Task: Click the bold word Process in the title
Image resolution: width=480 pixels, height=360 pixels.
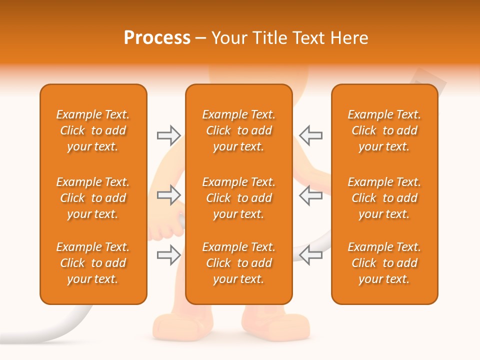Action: pos(157,38)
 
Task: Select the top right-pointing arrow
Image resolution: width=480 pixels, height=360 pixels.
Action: pos(168,135)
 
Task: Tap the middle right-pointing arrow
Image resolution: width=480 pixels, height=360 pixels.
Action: pos(168,195)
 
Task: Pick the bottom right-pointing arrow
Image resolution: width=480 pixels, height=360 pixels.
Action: pos(168,255)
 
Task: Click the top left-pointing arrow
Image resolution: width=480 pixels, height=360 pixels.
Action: pos(310,135)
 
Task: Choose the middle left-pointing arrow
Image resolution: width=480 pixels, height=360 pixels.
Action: pos(310,195)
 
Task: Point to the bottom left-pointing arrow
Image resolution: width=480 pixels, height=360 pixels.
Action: pos(310,255)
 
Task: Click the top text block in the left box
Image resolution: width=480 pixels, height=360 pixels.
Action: pos(93,130)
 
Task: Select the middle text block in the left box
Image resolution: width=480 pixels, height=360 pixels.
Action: pos(93,198)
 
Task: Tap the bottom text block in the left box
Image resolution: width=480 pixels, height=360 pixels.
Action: pos(93,263)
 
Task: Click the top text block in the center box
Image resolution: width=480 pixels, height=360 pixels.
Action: pos(239,130)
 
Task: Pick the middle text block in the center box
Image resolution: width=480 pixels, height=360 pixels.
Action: pos(239,198)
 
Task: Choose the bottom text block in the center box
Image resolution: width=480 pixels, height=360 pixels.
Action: pos(239,263)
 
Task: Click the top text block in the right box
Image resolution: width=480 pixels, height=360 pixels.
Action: pos(384,130)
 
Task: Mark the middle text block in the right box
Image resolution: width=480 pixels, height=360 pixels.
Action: pos(384,198)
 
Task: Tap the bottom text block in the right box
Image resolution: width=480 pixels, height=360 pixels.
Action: pos(384,263)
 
